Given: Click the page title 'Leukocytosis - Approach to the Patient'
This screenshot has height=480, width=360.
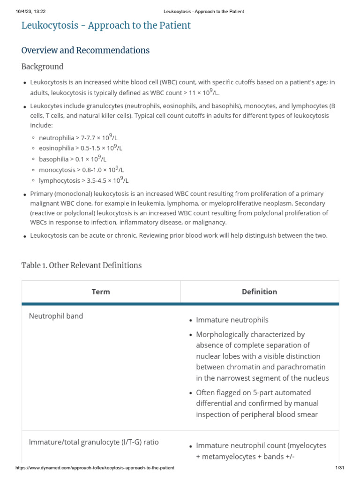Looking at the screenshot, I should pos(106,25).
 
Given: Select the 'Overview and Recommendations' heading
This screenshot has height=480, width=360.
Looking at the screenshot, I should pos(85,50).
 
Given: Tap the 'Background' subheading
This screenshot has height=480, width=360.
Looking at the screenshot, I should pos(42,67).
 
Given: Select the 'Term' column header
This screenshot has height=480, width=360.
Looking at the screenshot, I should pos(101,292).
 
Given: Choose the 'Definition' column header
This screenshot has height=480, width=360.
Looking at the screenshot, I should pos(259,292).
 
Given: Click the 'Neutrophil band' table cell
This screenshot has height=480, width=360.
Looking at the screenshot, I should pos(56,316).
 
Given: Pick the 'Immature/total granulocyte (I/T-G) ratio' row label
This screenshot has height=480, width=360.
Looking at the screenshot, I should pos(94,442).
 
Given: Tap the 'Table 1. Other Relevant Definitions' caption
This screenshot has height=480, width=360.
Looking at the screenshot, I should pos(82,265).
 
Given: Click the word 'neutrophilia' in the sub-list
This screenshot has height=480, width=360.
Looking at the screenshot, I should pos(56,138).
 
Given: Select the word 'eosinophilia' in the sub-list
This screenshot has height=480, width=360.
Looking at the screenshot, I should pos(56,149).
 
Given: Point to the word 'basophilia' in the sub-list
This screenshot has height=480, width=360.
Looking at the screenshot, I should pos(54,159).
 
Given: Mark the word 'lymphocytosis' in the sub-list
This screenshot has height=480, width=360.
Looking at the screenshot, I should pos(60,180).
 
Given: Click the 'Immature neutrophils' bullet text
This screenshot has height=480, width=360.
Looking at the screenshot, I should pos(232,320).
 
